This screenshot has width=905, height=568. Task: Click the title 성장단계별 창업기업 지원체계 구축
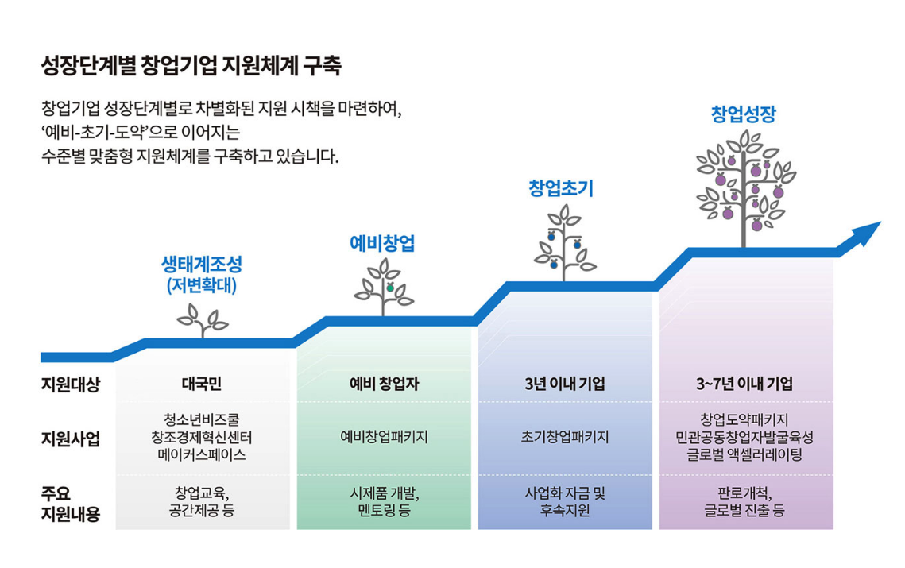[x=191, y=65]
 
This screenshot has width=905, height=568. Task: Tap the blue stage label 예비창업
[x=382, y=243]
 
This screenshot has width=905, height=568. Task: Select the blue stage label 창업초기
[x=561, y=188]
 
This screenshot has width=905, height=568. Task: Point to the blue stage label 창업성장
[x=742, y=114]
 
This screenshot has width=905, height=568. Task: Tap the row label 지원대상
[x=71, y=384]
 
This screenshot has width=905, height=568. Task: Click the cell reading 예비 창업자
[x=384, y=384]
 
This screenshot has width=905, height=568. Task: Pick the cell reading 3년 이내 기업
[x=565, y=384]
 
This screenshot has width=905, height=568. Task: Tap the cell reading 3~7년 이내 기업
[x=744, y=384]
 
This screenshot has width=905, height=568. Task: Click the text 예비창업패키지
[x=384, y=438]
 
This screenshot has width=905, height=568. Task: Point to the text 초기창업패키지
[x=565, y=438]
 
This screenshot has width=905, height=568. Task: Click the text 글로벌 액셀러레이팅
[x=744, y=455]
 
